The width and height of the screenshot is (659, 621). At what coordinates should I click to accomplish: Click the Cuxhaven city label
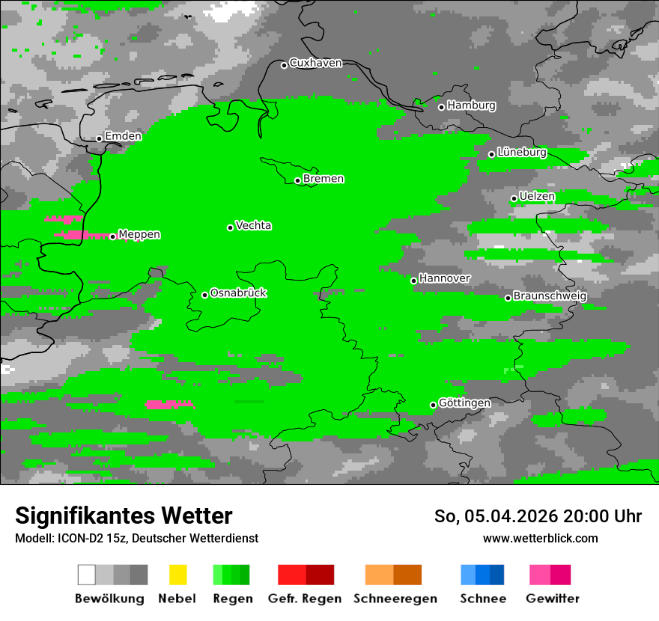315,63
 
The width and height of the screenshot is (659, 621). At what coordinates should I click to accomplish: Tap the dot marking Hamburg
442,107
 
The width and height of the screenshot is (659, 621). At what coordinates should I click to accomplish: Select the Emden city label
123,136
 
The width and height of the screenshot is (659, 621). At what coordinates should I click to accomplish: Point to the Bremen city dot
297,180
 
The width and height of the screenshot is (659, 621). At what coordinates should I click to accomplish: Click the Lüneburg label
522,153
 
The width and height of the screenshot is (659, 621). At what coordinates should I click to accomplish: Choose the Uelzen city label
537,197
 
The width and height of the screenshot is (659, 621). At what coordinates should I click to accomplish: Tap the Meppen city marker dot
113,236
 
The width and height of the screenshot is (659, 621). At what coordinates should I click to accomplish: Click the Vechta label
253,225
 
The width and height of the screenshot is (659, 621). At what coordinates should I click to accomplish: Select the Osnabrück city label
238,293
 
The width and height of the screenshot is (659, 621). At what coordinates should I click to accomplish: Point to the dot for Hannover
413,281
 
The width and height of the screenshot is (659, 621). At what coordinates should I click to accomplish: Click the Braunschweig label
550,296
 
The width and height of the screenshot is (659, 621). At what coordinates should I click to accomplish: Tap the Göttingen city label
464,403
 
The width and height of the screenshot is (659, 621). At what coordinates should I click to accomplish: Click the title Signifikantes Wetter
124,516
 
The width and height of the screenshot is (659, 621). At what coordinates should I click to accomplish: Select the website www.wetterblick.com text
541,538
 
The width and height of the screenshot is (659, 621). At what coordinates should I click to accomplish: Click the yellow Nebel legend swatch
177,575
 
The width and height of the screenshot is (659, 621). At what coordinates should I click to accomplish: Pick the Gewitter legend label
553,599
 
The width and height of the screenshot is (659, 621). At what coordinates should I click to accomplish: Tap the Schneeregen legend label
395,599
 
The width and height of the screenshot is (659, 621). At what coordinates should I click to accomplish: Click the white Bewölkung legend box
87,575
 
